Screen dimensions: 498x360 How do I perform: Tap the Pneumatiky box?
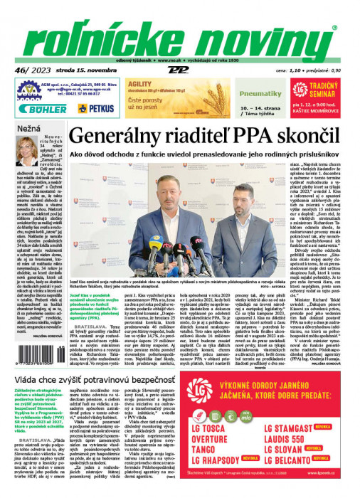click(x=240, y=92)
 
